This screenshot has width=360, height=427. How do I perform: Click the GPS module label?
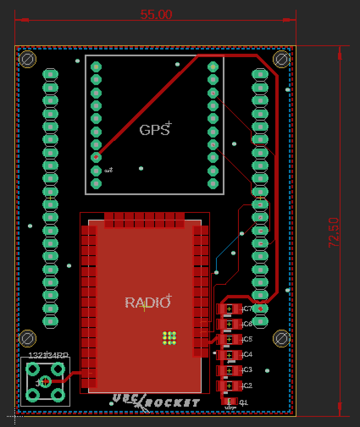click(x=154, y=129)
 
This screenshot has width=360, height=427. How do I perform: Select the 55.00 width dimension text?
click(x=156, y=15)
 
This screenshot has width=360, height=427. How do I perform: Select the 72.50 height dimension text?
click(x=334, y=232)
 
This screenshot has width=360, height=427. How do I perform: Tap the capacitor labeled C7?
click(x=229, y=309)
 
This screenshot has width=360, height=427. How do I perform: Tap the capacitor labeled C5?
click(x=229, y=339)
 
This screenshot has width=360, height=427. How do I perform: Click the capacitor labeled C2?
click(x=229, y=386)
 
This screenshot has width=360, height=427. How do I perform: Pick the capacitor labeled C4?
click(x=229, y=355)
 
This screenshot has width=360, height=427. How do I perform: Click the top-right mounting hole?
click(x=281, y=59)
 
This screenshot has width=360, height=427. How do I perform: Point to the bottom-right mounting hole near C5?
click(x=281, y=339)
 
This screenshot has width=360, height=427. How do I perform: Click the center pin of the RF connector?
click(x=45, y=382)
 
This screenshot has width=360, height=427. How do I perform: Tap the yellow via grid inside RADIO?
click(x=169, y=338)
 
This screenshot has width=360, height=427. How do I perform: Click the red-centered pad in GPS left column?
click(x=97, y=157)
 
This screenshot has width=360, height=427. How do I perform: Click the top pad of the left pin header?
click(x=50, y=74)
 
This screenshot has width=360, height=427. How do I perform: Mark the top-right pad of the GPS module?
click(x=213, y=66)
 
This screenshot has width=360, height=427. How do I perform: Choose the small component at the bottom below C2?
click(x=229, y=402)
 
